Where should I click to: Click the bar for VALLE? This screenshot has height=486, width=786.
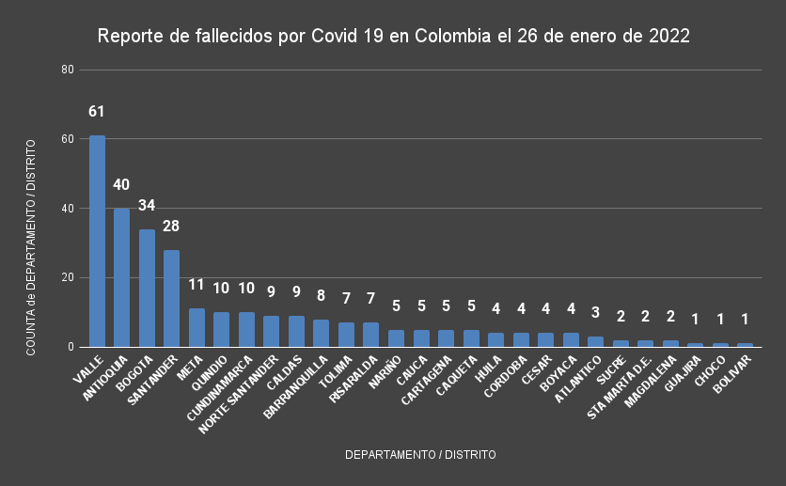click(97, 242)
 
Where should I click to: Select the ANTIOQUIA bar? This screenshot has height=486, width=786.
click(121, 277)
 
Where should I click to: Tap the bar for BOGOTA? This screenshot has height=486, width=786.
click(147, 288)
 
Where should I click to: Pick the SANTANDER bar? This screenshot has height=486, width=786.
click(171, 298)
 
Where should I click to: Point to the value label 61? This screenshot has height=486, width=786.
click(97, 112)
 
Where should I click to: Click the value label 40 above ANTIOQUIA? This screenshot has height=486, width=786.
click(121, 184)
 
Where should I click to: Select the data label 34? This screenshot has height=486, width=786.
click(147, 205)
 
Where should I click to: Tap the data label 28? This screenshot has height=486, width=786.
click(171, 226)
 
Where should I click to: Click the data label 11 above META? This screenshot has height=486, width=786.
click(196, 285)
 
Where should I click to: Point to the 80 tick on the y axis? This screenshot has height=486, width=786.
click(67, 70)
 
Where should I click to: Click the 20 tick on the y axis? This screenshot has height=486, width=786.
click(67, 277)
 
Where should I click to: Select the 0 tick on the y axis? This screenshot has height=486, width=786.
click(70, 347)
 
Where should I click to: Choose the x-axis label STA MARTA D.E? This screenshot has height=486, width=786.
click(620, 384)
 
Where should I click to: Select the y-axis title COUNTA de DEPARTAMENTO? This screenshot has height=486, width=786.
click(30, 247)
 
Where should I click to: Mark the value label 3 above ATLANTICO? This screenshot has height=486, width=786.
click(595, 313)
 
